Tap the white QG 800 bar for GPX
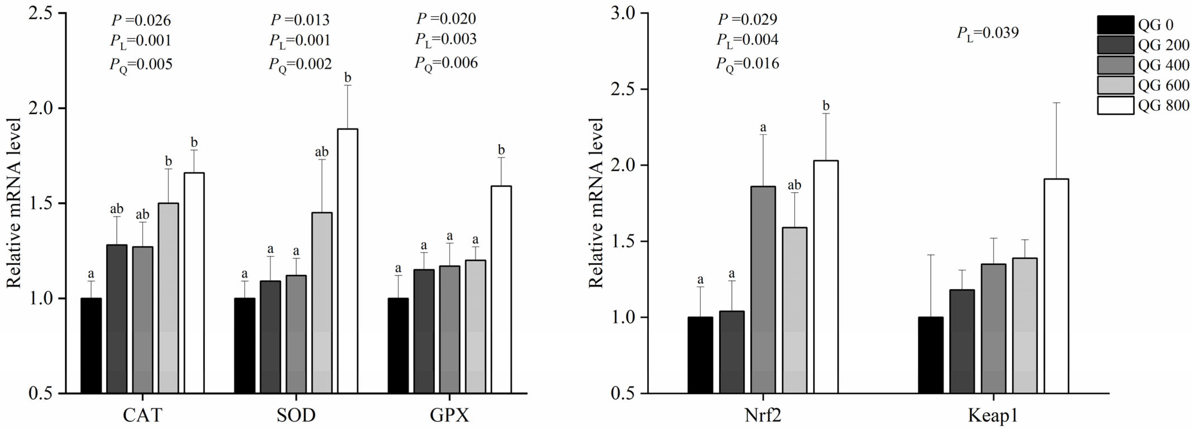[x=501, y=289]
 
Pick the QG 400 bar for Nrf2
[x=763, y=289]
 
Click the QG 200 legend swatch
[x=1115, y=45]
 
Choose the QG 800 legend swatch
[x=1115, y=105]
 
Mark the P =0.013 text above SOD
[x=300, y=20]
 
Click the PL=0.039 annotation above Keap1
[x=988, y=33]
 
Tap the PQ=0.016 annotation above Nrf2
[x=747, y=63]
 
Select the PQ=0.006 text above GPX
[x=446, y=63]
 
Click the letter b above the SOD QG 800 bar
[x=348, y=77]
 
